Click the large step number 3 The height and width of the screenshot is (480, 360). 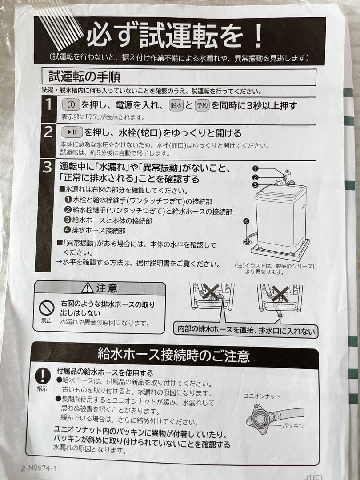(x=47, y=168)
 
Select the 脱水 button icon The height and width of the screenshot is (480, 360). (x=176, y=105)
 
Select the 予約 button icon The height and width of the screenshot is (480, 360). (x=202, y=105)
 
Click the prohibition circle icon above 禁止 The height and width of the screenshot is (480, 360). (x=46, y=307)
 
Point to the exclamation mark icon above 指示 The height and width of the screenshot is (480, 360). (x=43, y=376)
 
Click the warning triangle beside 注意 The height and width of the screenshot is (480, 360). (x=87, y=288)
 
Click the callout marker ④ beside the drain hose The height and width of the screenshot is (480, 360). (x=246, y=221)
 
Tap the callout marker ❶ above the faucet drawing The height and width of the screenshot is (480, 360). (x=255, y=168)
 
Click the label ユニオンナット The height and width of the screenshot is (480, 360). (x=262, y=396)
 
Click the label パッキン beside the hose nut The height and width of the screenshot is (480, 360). (x=293, y=425)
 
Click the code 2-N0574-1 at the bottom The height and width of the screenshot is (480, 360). (x=38, y=468)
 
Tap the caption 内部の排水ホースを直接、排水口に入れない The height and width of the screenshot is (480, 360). (x=246, y=331)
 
